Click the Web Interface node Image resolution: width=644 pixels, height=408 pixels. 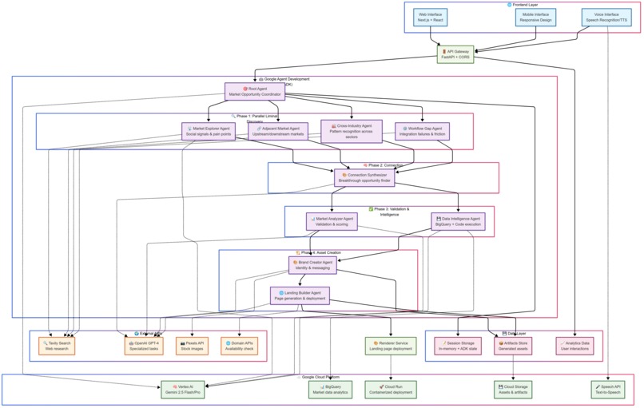click(x=430, y=18)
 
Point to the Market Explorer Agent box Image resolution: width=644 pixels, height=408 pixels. click(x=209, y=132)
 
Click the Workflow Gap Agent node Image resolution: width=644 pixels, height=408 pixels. click(x=423, y=132)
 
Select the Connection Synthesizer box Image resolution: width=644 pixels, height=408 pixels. click(x=364, y=178)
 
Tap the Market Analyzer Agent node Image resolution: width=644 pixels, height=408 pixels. click(x=332, y=221)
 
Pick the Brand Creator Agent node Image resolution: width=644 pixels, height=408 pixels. click(x=312, y=265)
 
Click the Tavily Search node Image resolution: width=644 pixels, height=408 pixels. click(x=57, y=346)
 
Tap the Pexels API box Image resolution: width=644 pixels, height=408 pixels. click(x=190, y=346)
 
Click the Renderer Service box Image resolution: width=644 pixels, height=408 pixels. click(x=391, y=346)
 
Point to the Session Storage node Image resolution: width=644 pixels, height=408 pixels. click(x=458, y=346)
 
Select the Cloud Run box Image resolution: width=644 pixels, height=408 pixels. click(x=391, y=389)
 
